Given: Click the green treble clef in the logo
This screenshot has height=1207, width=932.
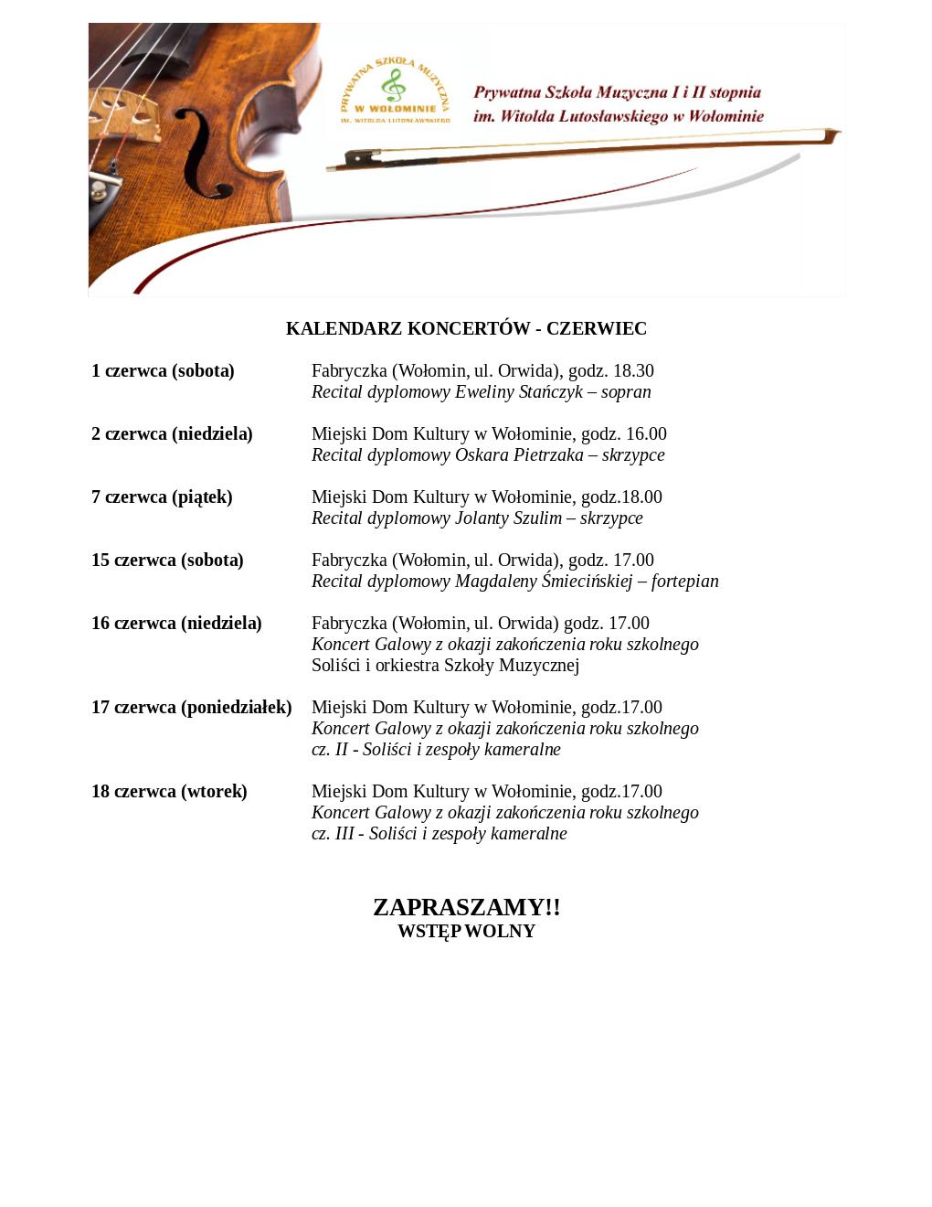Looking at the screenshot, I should coord(394,87).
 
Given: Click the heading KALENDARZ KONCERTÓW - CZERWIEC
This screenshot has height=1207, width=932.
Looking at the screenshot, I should coord(466,328).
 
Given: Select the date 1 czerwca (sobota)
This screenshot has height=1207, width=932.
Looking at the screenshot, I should coord(163,370).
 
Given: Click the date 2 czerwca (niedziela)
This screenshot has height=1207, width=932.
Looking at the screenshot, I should coord(172,433).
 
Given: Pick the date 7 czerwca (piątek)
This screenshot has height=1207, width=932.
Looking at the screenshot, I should coord(162,497).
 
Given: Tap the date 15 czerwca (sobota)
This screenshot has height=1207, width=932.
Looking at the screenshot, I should coord(167,560).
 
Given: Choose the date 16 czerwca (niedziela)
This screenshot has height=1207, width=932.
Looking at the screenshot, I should coord(176,623).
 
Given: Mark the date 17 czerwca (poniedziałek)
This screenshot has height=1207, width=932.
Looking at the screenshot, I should coord(191,707).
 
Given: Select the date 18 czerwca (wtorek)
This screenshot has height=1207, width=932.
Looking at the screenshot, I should coord(169,791).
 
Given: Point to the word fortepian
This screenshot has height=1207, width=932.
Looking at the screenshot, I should coord(684,582).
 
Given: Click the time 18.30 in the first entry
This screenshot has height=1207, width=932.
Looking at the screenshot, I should coord(633,370).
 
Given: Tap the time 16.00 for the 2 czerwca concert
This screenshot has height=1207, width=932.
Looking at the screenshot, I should coord(646,433).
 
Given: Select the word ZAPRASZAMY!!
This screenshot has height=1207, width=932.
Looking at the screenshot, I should coord(466,906).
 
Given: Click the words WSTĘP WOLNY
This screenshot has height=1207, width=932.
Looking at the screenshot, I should coord(466,931).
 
